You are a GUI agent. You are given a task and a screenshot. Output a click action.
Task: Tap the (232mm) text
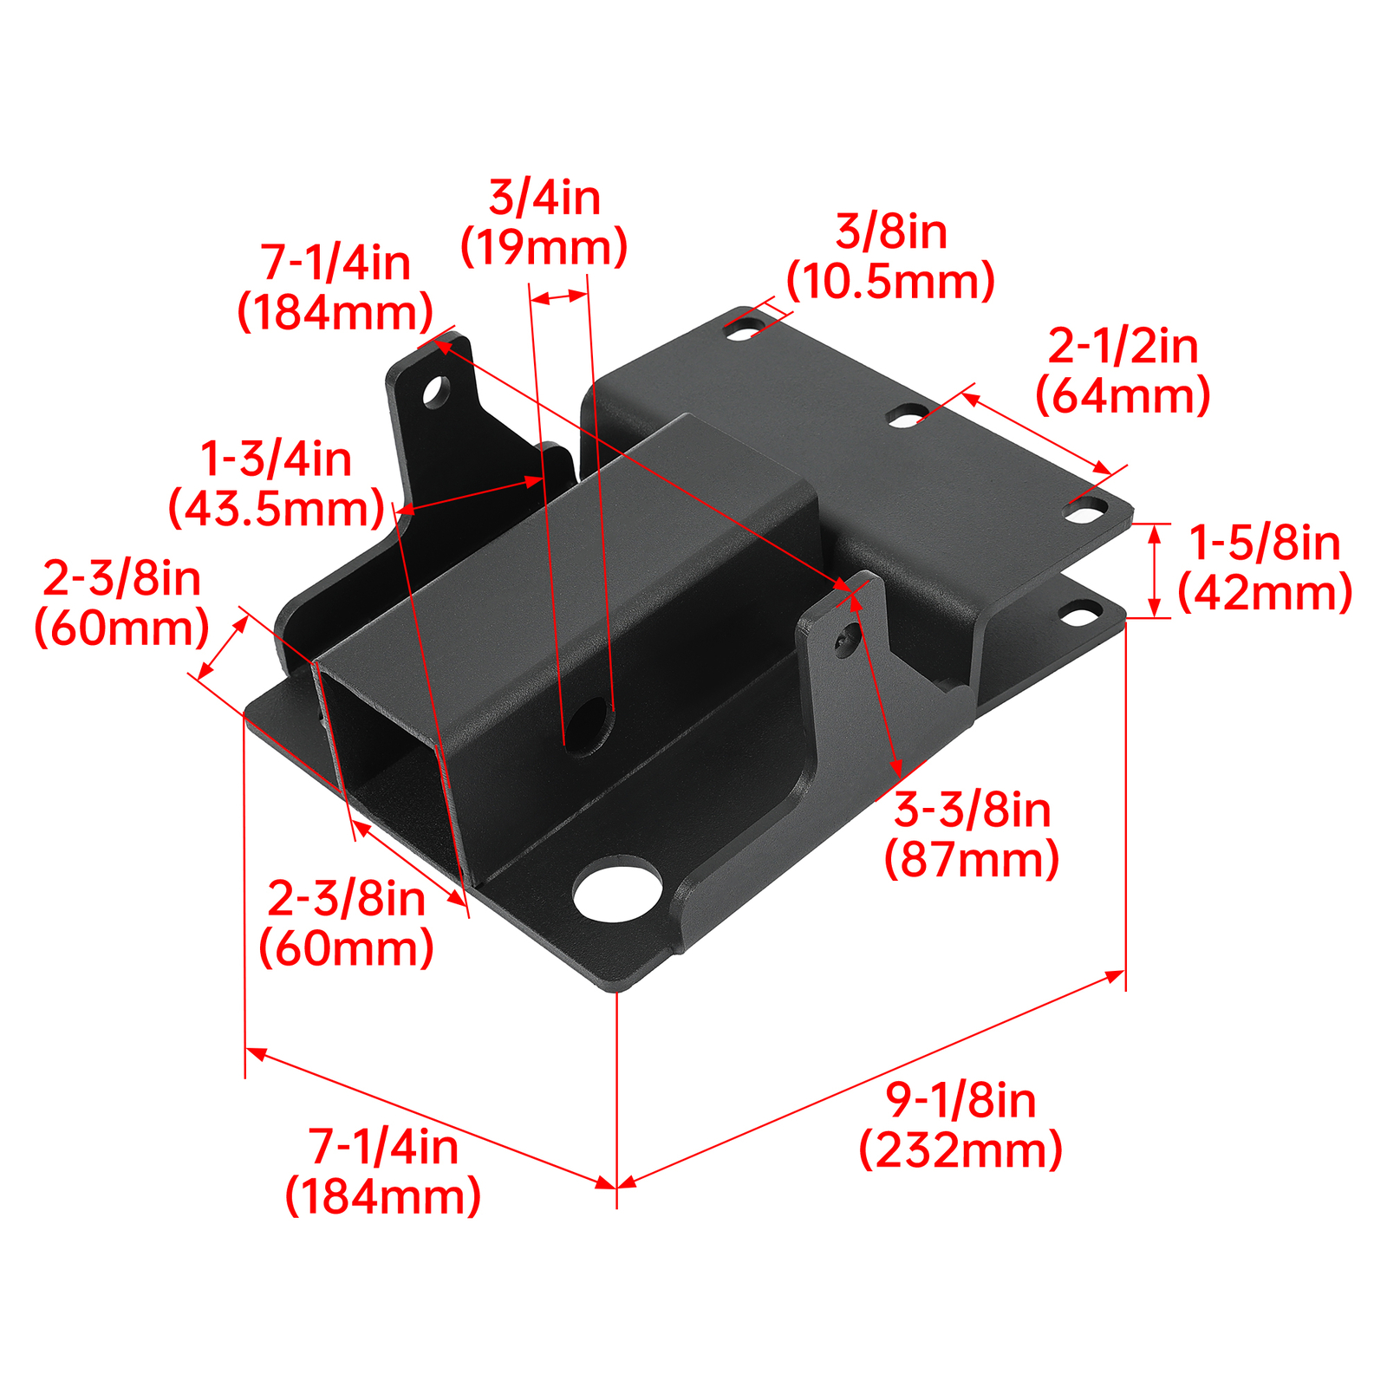click(x=960, y=1150)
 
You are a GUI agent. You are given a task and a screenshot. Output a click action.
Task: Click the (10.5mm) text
click(x=890, y=282)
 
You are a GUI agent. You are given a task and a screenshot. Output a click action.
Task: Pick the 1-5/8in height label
click(x=1264, y=544)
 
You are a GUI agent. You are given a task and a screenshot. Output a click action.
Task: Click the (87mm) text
click(x=972, y=860)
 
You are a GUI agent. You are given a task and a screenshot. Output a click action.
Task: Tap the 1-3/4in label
click(x=276, y=459)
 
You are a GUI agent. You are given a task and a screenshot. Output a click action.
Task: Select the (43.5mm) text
click(x=277, y=509)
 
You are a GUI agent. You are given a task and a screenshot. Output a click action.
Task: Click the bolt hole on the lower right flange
click(x=1079, y=615)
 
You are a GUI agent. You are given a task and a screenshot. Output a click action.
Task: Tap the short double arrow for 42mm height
click(x=1154, y=570)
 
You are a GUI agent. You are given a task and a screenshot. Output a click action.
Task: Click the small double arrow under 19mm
click(x=558, y=297)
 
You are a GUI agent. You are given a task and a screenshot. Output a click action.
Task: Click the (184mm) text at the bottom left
click(x=382, y=1197)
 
